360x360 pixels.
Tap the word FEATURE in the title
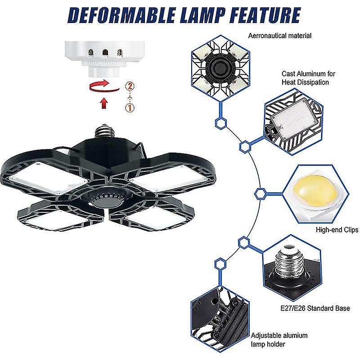pos(260,14)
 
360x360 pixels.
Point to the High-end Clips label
pos(337,230)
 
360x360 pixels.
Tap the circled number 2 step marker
pos(130,86)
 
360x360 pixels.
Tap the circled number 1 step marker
pos(130,108)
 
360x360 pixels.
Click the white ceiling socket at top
pos(105,58)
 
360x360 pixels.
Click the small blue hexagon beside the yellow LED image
pos(260,193)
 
